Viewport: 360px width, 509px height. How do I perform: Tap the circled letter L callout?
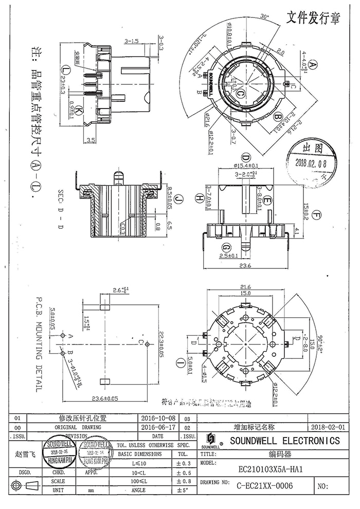65,69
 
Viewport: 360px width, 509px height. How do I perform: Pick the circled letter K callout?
78,111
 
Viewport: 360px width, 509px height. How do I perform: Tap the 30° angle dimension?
265,16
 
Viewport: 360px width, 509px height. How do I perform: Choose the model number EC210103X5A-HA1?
270,469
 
